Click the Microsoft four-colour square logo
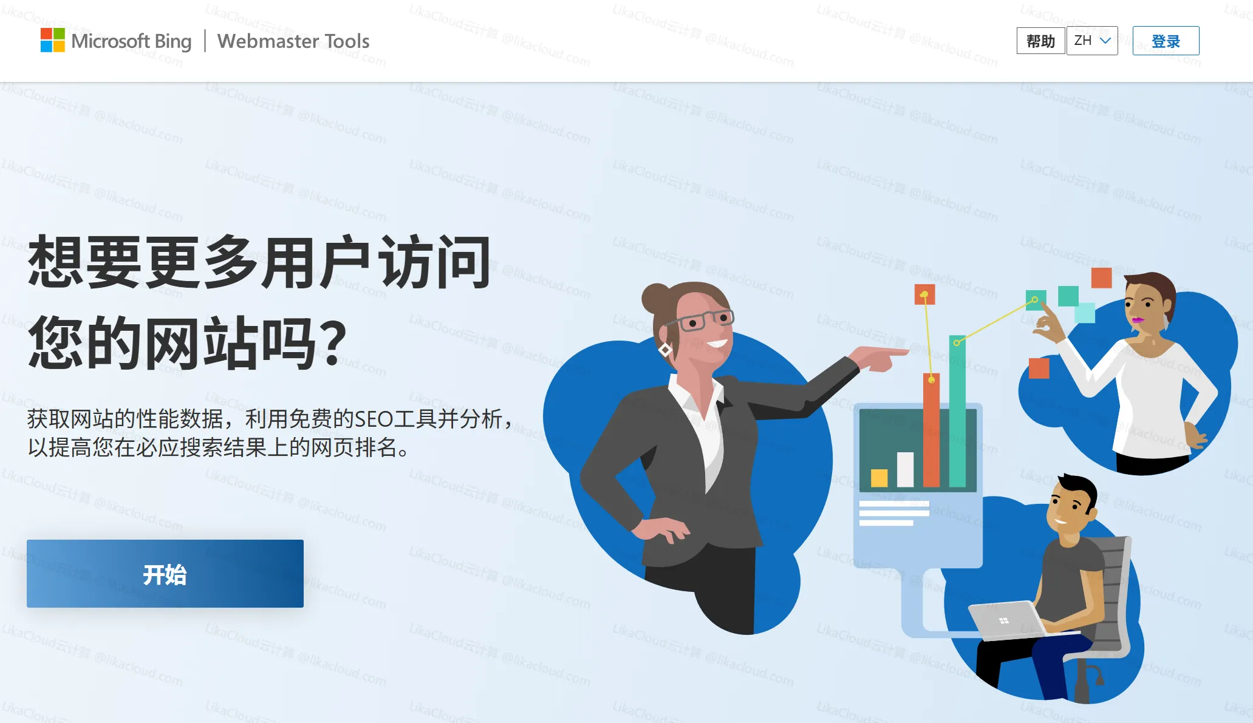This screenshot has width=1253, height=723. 52,40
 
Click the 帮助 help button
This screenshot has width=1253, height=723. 1040,41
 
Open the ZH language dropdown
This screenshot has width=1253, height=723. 1092,41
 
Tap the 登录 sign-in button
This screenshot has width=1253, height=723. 1166,41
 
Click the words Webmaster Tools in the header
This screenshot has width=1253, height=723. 293,41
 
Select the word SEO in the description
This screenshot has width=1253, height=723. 374,419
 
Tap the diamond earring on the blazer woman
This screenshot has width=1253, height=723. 665,350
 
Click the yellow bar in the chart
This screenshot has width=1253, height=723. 879,478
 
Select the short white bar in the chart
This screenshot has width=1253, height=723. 905,469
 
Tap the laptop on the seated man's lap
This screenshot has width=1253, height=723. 1005,620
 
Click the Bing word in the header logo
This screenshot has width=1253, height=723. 173,41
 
